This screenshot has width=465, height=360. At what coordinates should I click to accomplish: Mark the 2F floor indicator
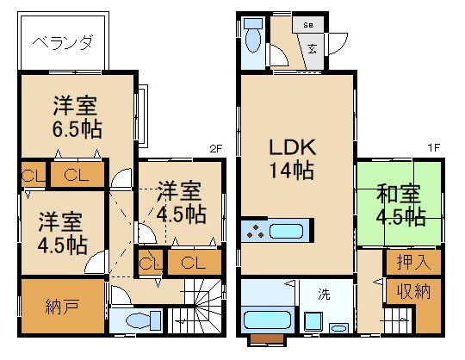pyautogui.click(x=215, y=148)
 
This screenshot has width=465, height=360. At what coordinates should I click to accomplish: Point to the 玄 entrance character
pyautogui.click(x=311, y=47)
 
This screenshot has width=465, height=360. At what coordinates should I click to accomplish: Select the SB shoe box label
pyautogui.click(x=309, y=25)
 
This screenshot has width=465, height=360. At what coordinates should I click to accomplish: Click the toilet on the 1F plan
pyautogui.click(x=254, y=38)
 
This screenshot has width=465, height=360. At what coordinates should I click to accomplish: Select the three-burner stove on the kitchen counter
pyautogui.click(x=255, y=231)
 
